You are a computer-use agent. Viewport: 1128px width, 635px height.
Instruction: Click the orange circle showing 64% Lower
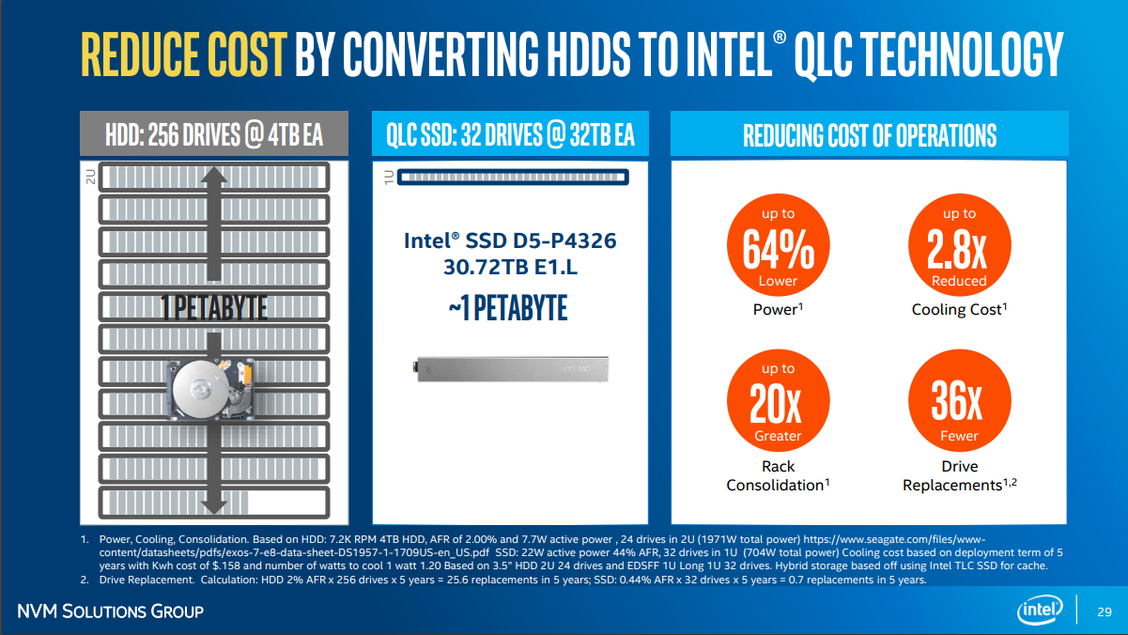click(778, 248)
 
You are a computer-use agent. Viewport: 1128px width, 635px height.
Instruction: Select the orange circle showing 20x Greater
click(778, 403)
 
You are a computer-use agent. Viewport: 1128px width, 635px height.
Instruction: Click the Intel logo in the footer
click(1042, 611)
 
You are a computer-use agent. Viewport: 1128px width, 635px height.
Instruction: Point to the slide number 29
click(1105, 612)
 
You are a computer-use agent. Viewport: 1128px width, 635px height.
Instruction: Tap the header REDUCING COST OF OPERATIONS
click(869, 135)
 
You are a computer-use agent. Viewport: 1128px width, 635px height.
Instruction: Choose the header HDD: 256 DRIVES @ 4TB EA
click(214, 135)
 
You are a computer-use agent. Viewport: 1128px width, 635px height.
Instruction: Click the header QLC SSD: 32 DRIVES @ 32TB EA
click(510, 135)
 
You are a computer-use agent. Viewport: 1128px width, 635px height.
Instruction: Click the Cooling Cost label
click(958, 309)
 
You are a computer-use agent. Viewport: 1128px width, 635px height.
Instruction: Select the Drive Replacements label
click(959, 475)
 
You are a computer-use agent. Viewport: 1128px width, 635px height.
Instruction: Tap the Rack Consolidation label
click(778, 475)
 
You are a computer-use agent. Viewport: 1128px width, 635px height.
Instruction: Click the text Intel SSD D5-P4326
click(510, 240)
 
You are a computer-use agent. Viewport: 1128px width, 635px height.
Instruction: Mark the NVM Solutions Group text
click(111, 612)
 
